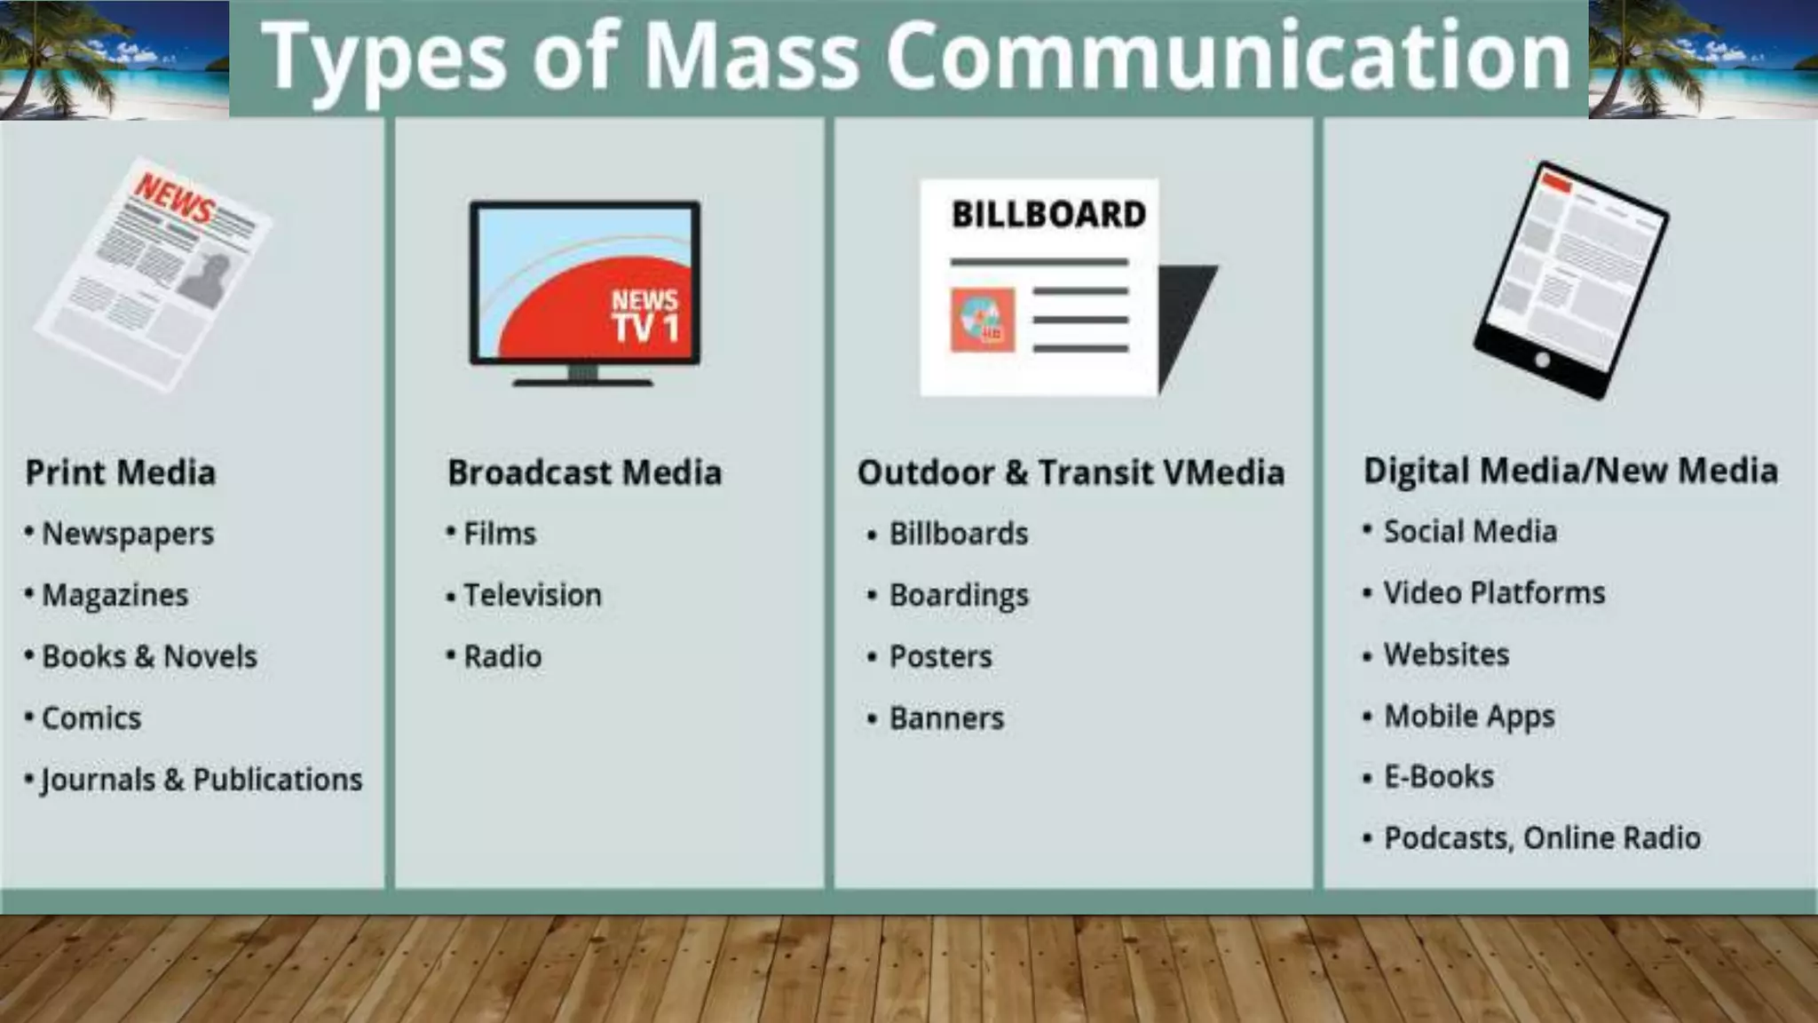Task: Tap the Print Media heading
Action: click(121, 472)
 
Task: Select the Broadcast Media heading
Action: click(584, 472)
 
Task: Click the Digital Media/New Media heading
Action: click(1570, 470)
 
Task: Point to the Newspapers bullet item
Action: click(128, 534)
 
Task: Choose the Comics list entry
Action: click(91, 718)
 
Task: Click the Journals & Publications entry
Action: click(202, 780)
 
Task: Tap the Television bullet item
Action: click(532, 595)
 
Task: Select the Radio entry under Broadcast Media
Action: click(502, 656)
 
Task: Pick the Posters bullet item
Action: click(940, 656)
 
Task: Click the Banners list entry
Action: click(946, 718)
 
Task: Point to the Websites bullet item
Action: click(1446, 654)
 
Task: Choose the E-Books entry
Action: click(1439, 777)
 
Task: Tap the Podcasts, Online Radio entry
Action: click(1542, 837)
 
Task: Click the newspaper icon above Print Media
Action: click(153, 274)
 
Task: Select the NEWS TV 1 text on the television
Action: click(644, 315)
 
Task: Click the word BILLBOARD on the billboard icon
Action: click(1048, 214)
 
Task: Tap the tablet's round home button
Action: click(1542, 360)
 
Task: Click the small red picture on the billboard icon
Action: click(983, 320)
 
